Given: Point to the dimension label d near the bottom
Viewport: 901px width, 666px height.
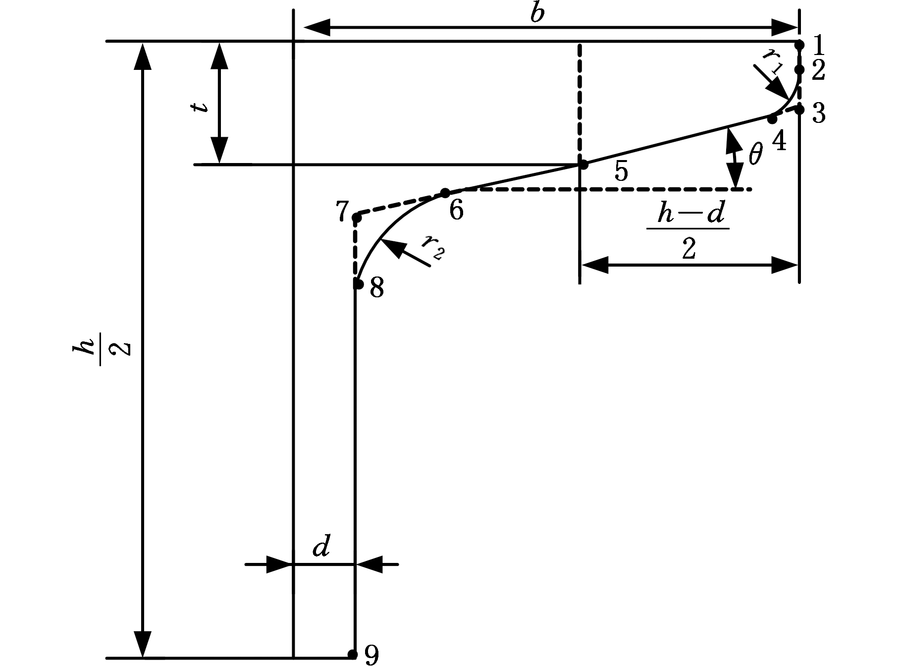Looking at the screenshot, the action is pos(321,546).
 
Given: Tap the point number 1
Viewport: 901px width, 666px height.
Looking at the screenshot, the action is pos(818,45).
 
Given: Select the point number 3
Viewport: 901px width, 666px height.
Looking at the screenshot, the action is pos(818,114).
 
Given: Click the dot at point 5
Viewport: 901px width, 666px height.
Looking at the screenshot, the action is pos(583,165).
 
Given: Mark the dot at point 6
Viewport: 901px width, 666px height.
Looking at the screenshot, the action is pos(445,193).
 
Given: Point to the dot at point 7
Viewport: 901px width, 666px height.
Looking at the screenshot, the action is pos(356,218).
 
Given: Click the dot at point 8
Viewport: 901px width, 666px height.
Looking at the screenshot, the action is pos(358,284).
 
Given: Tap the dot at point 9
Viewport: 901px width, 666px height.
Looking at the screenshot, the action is pos(352,655).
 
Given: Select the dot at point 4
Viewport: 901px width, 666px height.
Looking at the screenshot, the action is pos(772,119).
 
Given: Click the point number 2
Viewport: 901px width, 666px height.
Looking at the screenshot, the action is pos(818,71).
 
